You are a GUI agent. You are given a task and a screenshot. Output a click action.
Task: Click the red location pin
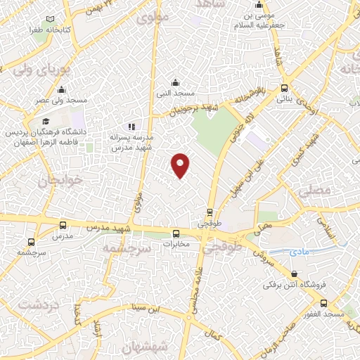pyautogui.click(x=181, y=165)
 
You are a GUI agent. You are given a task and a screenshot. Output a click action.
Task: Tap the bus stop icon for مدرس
pyautogui.click(x=63, y=225)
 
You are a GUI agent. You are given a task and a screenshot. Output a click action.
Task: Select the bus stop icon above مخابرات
pyautogui.click(x=176, y=233)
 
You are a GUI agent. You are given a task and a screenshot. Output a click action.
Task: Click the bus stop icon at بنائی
pyautogui.click(x=284, y=89)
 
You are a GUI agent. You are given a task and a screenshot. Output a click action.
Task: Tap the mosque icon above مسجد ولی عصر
pyautogui.click(x=61, y=89)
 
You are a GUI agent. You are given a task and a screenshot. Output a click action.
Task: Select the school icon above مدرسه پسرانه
pyautogui.click(x=131, y=127)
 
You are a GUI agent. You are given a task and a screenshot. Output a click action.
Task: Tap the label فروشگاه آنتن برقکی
pyautogui.click(x=286, y=285)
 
